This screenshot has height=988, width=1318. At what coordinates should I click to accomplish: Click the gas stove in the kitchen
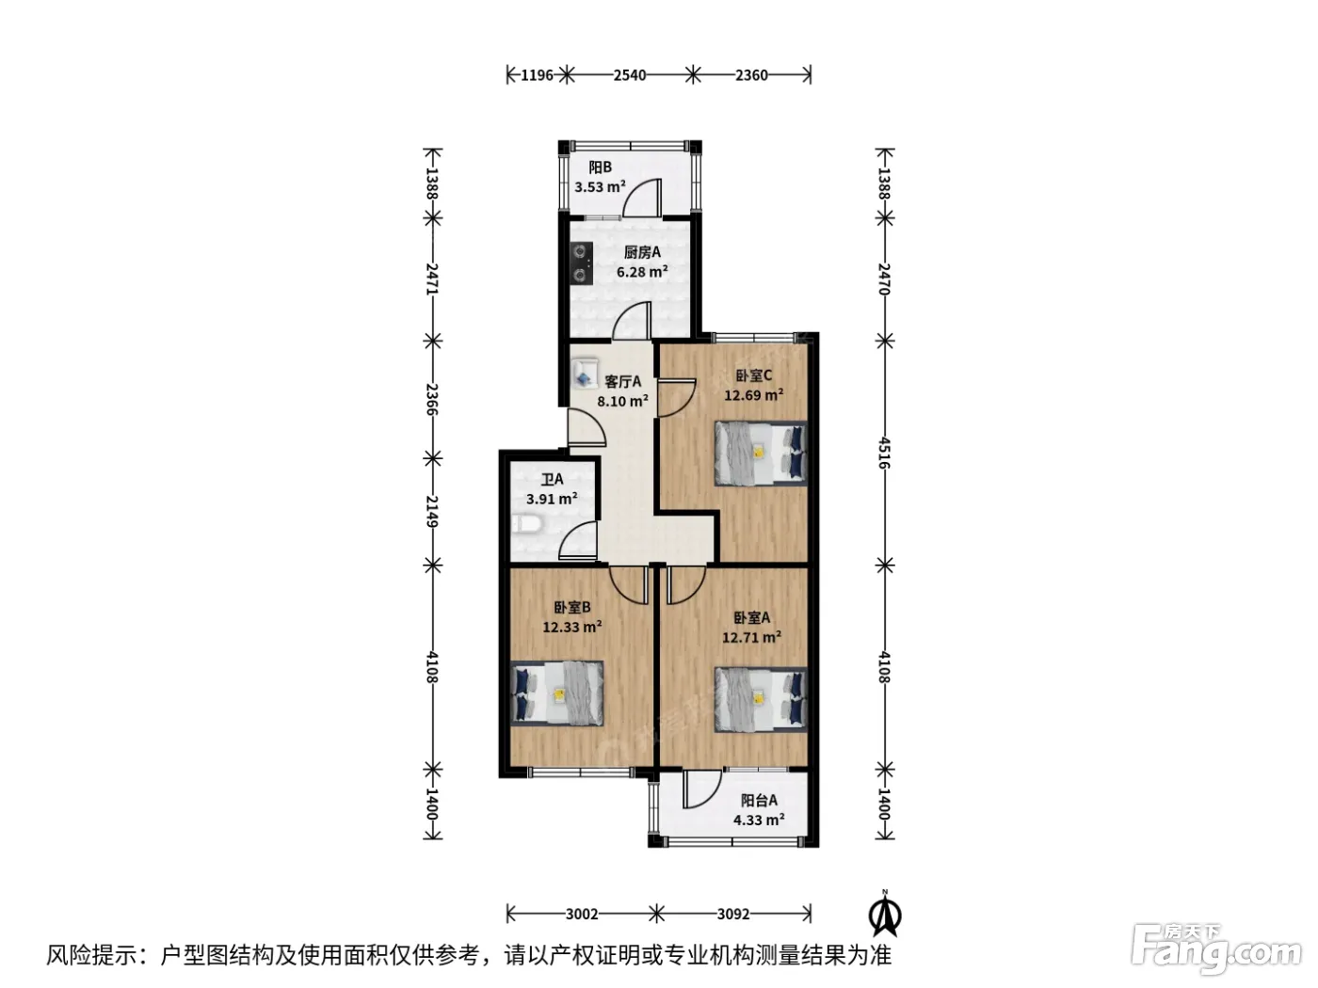pyautogui.click(x=581, y=263)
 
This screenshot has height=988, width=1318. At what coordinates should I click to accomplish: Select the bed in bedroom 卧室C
pyautogui.click(x=760, y=453)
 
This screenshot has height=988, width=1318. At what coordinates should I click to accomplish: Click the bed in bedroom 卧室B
pyautogui.click(x=556, y=693)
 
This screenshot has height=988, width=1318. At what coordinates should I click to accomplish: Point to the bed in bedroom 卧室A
pyautogui.click(x=760, y=699)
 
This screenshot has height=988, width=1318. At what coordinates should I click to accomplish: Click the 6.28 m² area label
pyautogui.click(x=642, y=272)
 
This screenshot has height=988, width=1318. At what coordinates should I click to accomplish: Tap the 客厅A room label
pyautogui.click(x=622, y=381)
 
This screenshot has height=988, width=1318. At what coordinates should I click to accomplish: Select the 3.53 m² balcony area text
pyautogui.click(x=600, y=186)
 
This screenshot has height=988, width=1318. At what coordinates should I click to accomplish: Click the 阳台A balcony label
pyautogui.click(x=759, y=800)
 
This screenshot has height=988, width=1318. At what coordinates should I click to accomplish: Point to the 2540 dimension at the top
pyautogui.click(x=630, y=75)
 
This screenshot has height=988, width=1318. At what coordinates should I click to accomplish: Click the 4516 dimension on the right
pyautogui.click(x=883, y=453)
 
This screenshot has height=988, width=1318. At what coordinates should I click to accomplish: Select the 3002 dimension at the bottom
pyautogui.click(x=582, y=914)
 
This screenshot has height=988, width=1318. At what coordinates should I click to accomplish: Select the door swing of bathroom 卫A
pyautogui.click(x=578, y=540)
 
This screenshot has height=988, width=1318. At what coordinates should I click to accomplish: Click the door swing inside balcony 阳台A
pyautogui.click(x=702, y=789)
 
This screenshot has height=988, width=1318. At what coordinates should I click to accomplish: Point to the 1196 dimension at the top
pyautogui.click(x=537, y=75)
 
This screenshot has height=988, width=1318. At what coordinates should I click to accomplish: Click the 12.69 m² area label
pyautogui.click(x=753, y=395)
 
